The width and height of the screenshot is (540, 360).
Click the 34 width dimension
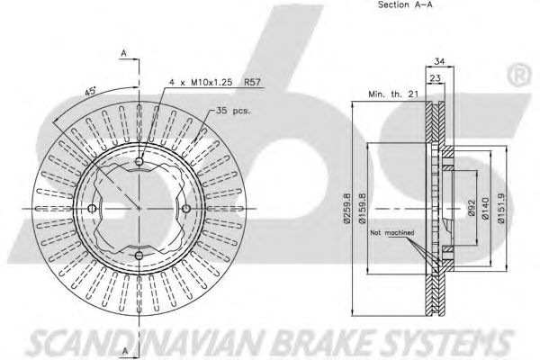(x=438, y=62)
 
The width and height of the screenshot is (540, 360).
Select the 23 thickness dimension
(x=434, y=78)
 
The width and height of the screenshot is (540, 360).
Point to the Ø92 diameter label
(x=469, y=210)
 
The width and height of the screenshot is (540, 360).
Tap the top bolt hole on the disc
(x=139, y=163)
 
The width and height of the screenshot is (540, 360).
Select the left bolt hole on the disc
(x=94, y=209)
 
